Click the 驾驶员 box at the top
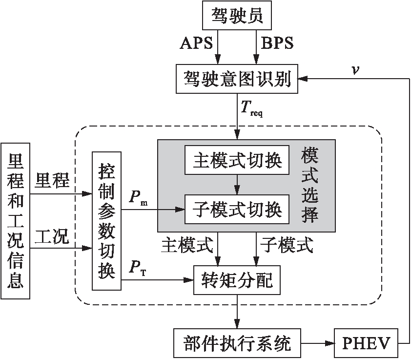coord(237,17)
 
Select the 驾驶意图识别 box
coord(237,79)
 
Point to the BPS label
coord(277,43)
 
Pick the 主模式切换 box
coord(237,160)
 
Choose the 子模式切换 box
coord(237,210)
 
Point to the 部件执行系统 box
coord(237,343)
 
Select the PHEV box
coord(366,343)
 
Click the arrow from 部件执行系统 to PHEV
coord(317,343)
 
